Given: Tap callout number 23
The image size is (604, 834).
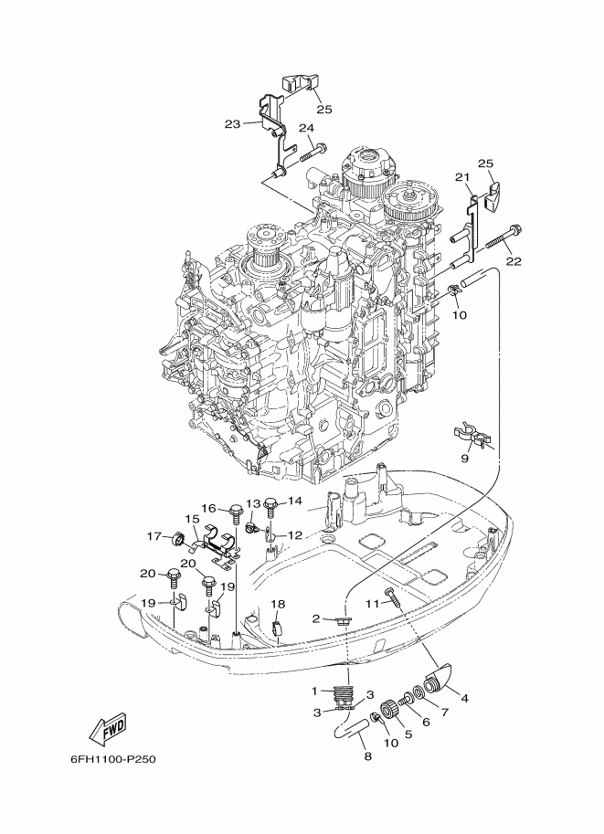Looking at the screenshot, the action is click(x=232, y=124).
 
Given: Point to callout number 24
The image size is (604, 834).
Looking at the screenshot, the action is click(x=306, y=128).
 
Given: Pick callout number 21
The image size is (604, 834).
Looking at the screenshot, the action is click(x=461, y=177).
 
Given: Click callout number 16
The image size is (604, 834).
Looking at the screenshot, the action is click(x=209, y=509).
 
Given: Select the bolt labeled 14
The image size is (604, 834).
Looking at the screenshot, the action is click(x=270, y=506).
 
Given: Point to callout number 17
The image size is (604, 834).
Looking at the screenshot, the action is click(x=154, y=536).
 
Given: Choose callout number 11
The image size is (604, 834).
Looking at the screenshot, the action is click(x=372, y=603).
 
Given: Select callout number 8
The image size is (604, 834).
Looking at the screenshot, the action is click(x=367, y=755).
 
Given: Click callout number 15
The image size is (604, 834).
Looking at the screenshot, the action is click(x=192, y=518).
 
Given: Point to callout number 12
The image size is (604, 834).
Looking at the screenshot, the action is click(x=295, y=534).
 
